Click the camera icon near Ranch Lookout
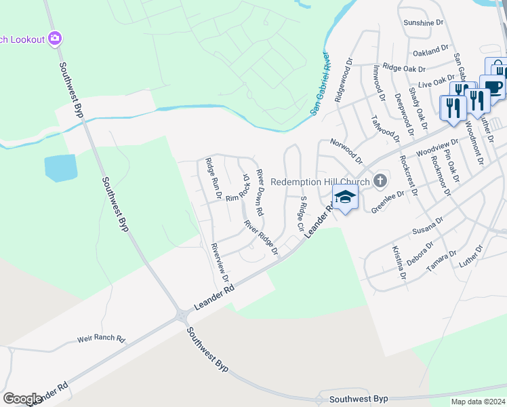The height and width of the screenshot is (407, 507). pos(56,39)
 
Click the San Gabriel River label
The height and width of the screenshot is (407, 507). pos(319,83)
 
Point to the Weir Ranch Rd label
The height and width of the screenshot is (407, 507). pos(102,338)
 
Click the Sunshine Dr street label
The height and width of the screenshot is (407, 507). pos(423,22)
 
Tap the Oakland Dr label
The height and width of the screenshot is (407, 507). pos(431,50)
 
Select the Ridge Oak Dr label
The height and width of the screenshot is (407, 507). pos(404,69)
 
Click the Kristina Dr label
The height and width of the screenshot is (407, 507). pos(398,263)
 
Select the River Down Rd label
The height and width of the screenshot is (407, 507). pos(260,193)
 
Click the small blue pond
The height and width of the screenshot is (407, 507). pos(61,168)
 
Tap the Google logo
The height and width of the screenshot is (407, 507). pos(22,399)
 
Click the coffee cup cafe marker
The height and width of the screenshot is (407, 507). pos(493,88)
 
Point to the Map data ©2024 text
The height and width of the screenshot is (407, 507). pos(478,402)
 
